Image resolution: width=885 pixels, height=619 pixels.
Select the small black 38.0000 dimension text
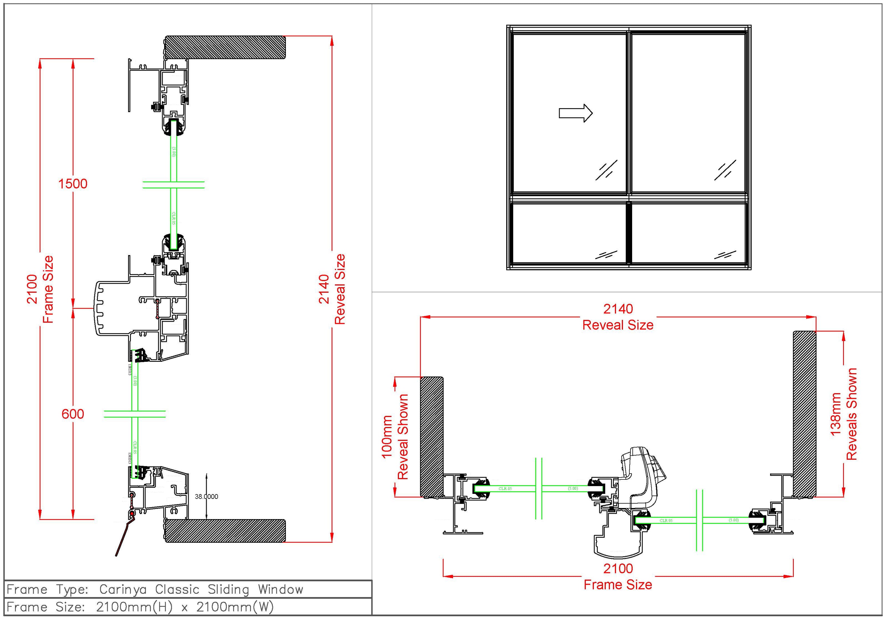click(x=206, y=497)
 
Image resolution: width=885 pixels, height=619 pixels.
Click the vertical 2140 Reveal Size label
click(x=332, y=289)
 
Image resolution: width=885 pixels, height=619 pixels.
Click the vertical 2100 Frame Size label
click(x=40, y=289)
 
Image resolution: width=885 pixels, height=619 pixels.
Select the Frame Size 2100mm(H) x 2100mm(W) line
click(x=140, y=607)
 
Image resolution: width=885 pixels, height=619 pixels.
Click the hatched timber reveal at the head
click(x=226, y=48)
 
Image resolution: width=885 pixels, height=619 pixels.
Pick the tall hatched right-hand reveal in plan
click(x=804, y=414)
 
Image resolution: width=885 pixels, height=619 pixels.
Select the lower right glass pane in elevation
click(x=688, y=233)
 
